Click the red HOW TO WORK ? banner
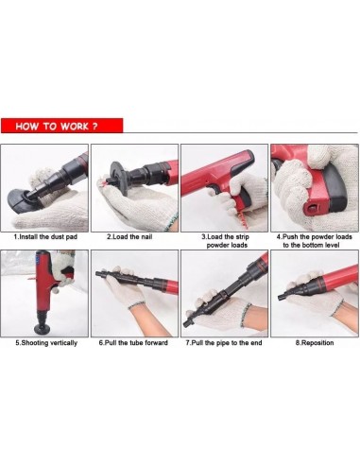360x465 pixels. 61,126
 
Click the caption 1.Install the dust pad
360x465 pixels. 45,236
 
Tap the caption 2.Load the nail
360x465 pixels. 129,236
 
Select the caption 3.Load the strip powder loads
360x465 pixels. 226,241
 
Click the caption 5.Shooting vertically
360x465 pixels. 46,343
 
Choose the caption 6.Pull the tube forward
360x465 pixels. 133,343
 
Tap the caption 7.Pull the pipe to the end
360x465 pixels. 224,343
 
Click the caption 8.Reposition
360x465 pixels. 315,343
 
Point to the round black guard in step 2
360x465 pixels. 118,178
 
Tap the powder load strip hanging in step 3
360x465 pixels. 244,219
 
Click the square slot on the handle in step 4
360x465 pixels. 312,207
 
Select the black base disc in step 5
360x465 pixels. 43,329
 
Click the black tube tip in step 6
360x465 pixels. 98,273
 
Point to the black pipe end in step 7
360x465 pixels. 187,323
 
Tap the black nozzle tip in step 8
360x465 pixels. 281,297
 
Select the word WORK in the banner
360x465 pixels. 75,126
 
